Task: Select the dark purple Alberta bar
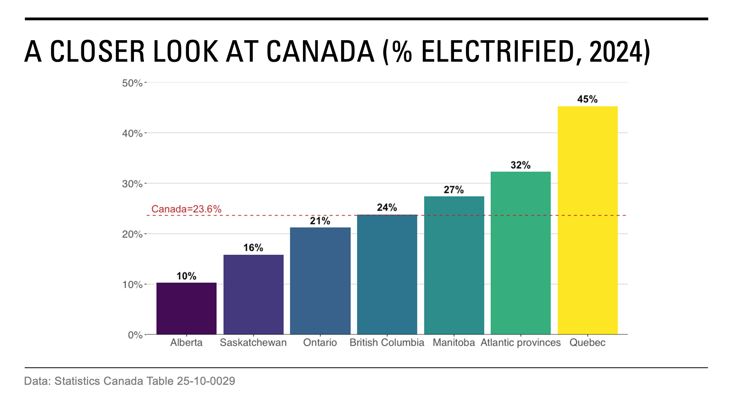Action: [186, 308]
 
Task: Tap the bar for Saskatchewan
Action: [253, 295]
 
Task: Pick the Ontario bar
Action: [320, 281]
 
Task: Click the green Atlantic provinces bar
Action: [520, 253]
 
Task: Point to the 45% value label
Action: [587, 99]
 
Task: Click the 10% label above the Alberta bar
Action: [186, 276]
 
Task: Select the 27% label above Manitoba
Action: [454, 190]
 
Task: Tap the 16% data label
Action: [253, 248]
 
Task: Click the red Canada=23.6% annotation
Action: [186, 209]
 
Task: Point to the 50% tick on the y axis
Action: [132, 83]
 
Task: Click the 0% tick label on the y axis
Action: [135, 335]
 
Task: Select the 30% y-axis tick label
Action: [132, 184]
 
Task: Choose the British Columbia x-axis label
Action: [387, 343]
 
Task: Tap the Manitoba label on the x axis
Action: [454, 343]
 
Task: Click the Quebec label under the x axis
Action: [587, 343]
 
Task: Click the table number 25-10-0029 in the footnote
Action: [206, 381]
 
